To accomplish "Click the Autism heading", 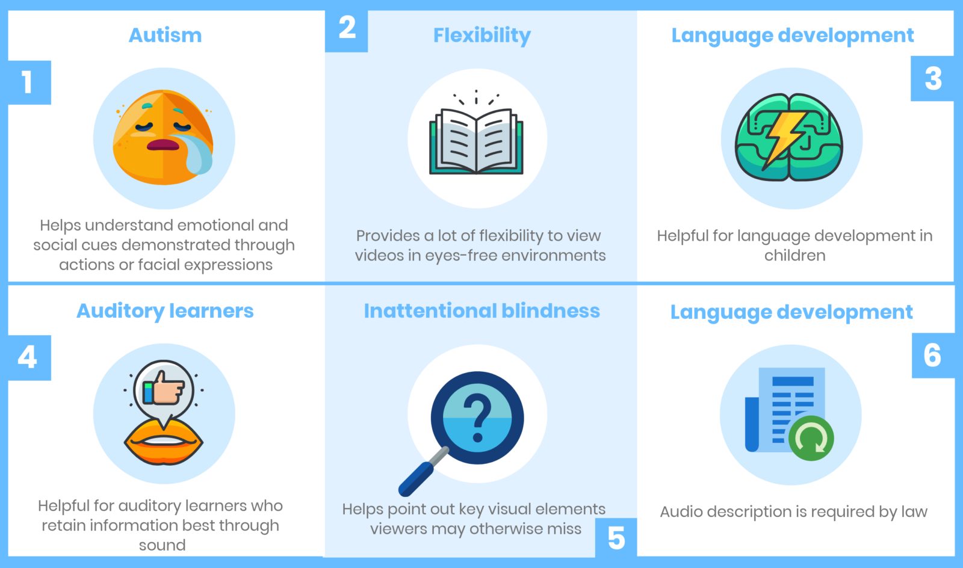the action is pos(165,35).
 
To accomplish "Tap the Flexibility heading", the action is pos(482,35).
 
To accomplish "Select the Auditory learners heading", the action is pos(165,311).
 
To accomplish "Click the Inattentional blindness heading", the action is pos(482,310).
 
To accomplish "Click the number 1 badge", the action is pos(29,82).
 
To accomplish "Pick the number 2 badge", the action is pos(347,30).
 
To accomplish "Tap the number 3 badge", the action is pos(932,79).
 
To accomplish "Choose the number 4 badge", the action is pos(29,357).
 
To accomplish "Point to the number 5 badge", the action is pos(616,537).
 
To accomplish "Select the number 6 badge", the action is pos(933,356).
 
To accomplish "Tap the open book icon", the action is pos(476,141).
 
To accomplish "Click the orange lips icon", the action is pos(163,442).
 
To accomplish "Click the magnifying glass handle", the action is pos(424,472).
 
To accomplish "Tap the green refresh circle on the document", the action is pos(811,438).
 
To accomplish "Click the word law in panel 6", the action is pos(915,511).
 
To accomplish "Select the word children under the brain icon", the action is pos(794,255).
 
